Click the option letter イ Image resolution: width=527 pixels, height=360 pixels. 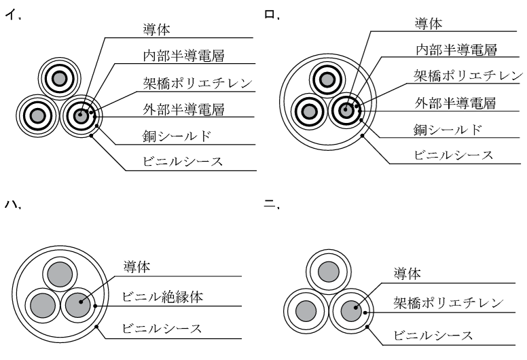tap(11, 15)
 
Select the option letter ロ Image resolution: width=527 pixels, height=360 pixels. tap(270, 14)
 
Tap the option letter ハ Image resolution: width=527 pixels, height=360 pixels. tap(11, 204)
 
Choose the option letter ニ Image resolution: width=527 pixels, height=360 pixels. tap(270, 204)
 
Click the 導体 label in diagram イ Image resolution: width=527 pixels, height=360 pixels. tap(157, 30)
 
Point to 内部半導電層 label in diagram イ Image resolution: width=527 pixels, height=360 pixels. tap(183, 56)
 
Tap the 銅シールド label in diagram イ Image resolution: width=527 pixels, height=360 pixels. tap(177, 136)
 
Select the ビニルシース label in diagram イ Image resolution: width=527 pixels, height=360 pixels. tap(183, 162)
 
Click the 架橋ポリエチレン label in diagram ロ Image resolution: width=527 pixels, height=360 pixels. tap(468, 75)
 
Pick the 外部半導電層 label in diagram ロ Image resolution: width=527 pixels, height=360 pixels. tap(455, 103)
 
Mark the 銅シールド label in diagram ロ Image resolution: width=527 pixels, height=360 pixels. tap(448, 130)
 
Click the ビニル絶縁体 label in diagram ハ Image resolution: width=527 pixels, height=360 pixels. tap(163, 297)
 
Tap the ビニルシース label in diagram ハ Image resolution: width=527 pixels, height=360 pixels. tap(162, 328)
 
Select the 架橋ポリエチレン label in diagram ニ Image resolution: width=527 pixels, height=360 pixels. tap(448, 303)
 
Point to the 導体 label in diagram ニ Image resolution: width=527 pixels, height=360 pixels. tap(407, 274)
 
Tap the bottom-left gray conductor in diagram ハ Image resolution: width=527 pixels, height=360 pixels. tap(43, 306)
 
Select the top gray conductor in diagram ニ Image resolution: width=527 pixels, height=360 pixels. tap(329, 272)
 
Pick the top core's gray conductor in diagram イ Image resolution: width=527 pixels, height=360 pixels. tap(60, 79)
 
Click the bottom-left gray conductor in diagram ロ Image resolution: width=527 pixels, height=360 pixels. tap(308, 111)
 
